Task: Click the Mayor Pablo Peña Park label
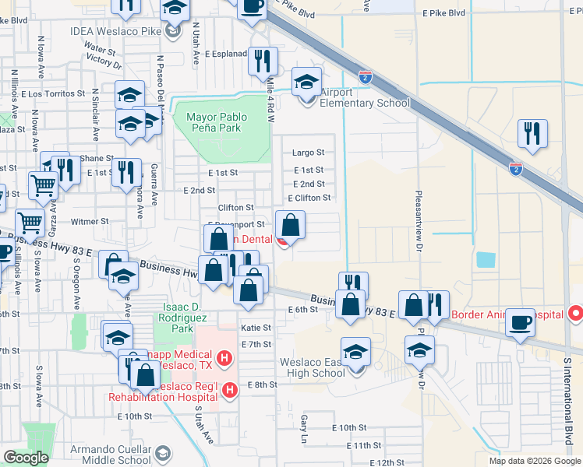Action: pyautogui.click(x=216, y=122)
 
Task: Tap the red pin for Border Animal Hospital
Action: pyautogui.click(x=575, y=314)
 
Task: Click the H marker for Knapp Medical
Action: pyautogui.click(x=224, y=359)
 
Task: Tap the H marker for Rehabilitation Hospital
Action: pyautogui.click(x=229, y=391)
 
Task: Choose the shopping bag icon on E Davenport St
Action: pyautogui.click(x=290, y=226)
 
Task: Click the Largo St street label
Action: pyautogui.click(x=308, y=153)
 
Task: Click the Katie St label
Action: pyautogui.click(x=256, y=328)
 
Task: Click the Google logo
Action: pyautogui.click(x=26, y=458)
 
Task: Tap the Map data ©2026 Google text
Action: pyautogui.click(x=535, y=461)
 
